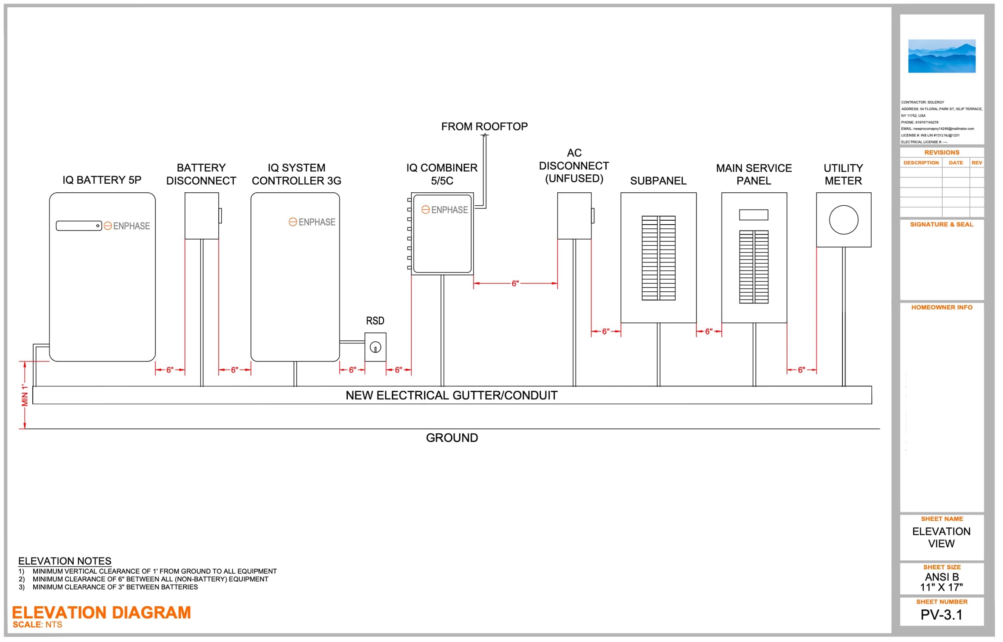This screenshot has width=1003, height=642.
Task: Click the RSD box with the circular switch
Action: click(x=375, y=347)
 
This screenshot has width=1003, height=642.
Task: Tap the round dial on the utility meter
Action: click(x=843, y=220)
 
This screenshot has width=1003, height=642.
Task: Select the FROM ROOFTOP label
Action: click(x=484, y=127)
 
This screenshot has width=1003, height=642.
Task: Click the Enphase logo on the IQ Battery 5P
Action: click(x=127, y=226)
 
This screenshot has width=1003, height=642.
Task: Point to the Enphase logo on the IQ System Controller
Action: click(x=312, y=222)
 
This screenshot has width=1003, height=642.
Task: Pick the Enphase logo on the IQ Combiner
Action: click(x=445, y=210)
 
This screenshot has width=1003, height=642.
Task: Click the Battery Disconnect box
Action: click(x=202, y=216)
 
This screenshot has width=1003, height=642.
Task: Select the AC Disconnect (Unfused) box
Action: click(x=575, y=216)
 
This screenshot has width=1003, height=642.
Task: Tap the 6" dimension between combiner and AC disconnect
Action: click(x=515, y=284)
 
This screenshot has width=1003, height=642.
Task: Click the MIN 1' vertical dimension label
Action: click(x=25, y=395)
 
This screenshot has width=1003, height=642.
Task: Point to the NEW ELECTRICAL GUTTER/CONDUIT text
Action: click(x=452, y=395)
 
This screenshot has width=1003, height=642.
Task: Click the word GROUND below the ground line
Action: click(x=452, y=438)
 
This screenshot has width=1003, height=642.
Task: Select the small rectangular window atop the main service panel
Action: click(x=754, y=215)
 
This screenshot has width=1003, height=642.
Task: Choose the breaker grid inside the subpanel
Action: click(x=659, y=258)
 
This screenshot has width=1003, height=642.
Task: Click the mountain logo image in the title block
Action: click(x=942, y=56)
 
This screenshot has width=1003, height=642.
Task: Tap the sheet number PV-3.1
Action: click(x=941, y=615)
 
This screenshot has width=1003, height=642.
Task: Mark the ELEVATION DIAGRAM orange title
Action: click(x=102, y=613)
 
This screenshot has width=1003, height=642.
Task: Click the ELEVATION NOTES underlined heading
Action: click(x=65, y=561)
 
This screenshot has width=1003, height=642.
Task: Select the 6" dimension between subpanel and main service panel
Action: click(x=709, y=331)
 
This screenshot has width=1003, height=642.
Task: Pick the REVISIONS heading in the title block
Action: click(x=942, y=153)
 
